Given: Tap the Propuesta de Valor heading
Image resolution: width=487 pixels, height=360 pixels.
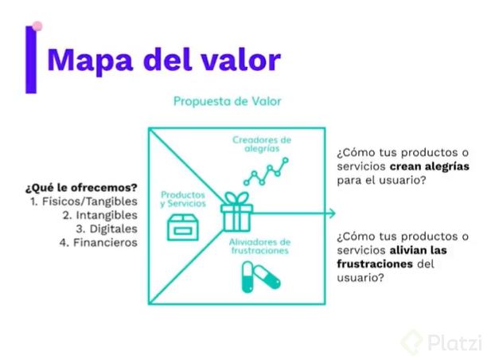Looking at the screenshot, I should click(227, 102).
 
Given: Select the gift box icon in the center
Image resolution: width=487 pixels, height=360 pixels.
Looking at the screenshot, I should click(236, 210).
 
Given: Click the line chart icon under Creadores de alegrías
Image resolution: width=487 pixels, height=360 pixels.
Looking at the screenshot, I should click(266, 170).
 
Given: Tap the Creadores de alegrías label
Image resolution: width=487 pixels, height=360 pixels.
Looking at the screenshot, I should click(262, 145).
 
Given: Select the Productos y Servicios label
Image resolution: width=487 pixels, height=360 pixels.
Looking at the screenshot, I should click(183, 199).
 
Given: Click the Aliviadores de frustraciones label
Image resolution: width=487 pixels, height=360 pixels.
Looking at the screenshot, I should click(261, 246).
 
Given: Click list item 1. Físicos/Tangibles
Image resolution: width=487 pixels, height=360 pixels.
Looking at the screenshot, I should click(84, 202).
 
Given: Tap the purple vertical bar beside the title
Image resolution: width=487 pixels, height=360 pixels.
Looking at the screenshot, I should click(31, 60).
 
